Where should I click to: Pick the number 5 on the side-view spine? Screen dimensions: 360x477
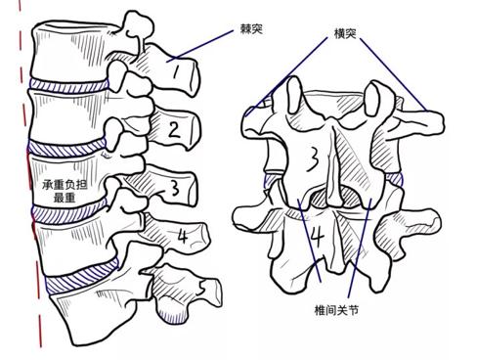[200, 291]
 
